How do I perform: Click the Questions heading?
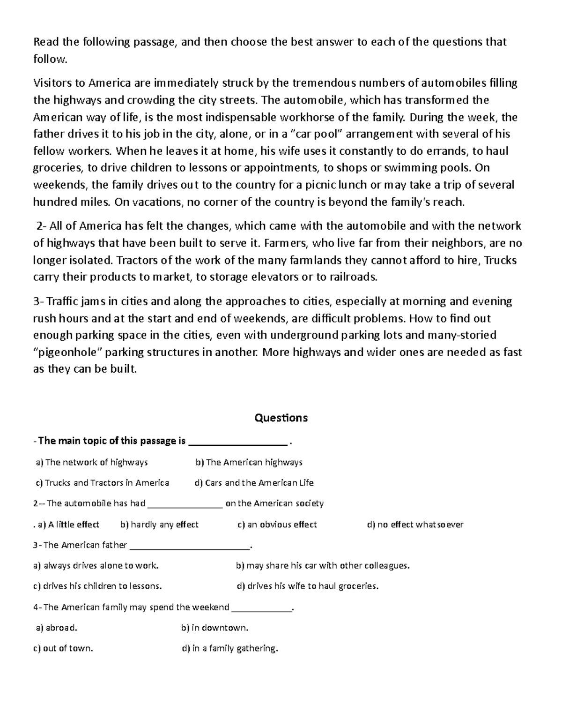281,418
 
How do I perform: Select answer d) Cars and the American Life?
254,483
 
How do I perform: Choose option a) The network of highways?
92,463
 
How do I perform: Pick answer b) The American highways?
249,463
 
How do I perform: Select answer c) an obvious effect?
277,525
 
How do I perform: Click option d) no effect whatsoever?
415,525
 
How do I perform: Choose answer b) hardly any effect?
159,525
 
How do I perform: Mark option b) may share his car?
323,566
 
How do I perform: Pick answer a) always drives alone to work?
96,566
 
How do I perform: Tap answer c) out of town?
63,649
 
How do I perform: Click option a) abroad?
57,628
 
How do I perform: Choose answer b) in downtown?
214,628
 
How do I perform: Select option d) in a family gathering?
229,649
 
